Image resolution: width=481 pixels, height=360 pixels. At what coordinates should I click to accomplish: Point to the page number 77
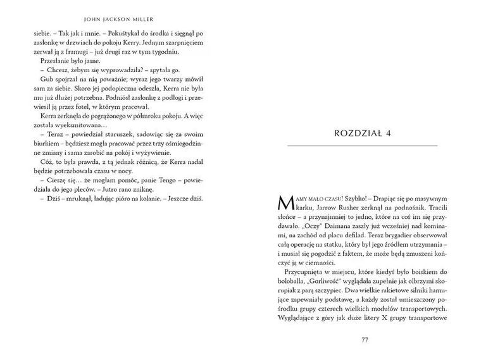(x=364, y=340)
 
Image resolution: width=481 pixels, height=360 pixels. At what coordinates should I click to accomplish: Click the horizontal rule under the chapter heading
(x=363, y=146)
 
